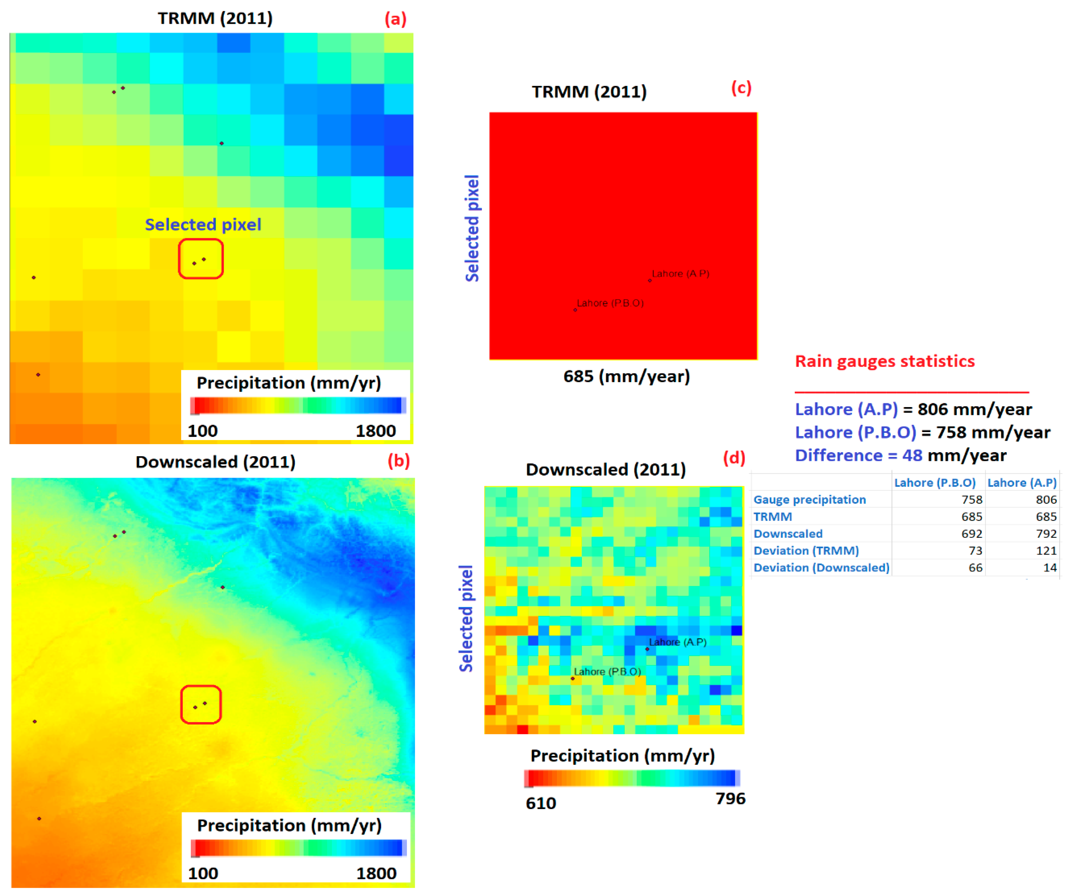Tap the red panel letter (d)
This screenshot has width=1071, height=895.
coord(734,458)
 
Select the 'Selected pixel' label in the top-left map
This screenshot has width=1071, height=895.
coord(203,225)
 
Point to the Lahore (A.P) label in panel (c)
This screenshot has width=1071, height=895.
coord(680,274)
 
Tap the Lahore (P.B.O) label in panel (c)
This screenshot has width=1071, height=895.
coord(610,303)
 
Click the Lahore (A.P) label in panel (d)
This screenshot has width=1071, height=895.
coord(678,642)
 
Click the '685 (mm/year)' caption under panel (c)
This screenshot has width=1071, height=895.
coord(626,377)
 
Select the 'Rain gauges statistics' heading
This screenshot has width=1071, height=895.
coord(885,361)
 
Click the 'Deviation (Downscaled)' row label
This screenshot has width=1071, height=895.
coord(821,568)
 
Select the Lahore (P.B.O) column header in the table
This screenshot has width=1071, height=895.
coord(935,483)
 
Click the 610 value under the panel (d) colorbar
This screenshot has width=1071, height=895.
coord(541,803)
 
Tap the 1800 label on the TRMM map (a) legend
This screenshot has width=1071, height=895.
coord(376,431)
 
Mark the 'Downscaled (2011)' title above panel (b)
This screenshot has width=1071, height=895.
coord(215,462)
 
